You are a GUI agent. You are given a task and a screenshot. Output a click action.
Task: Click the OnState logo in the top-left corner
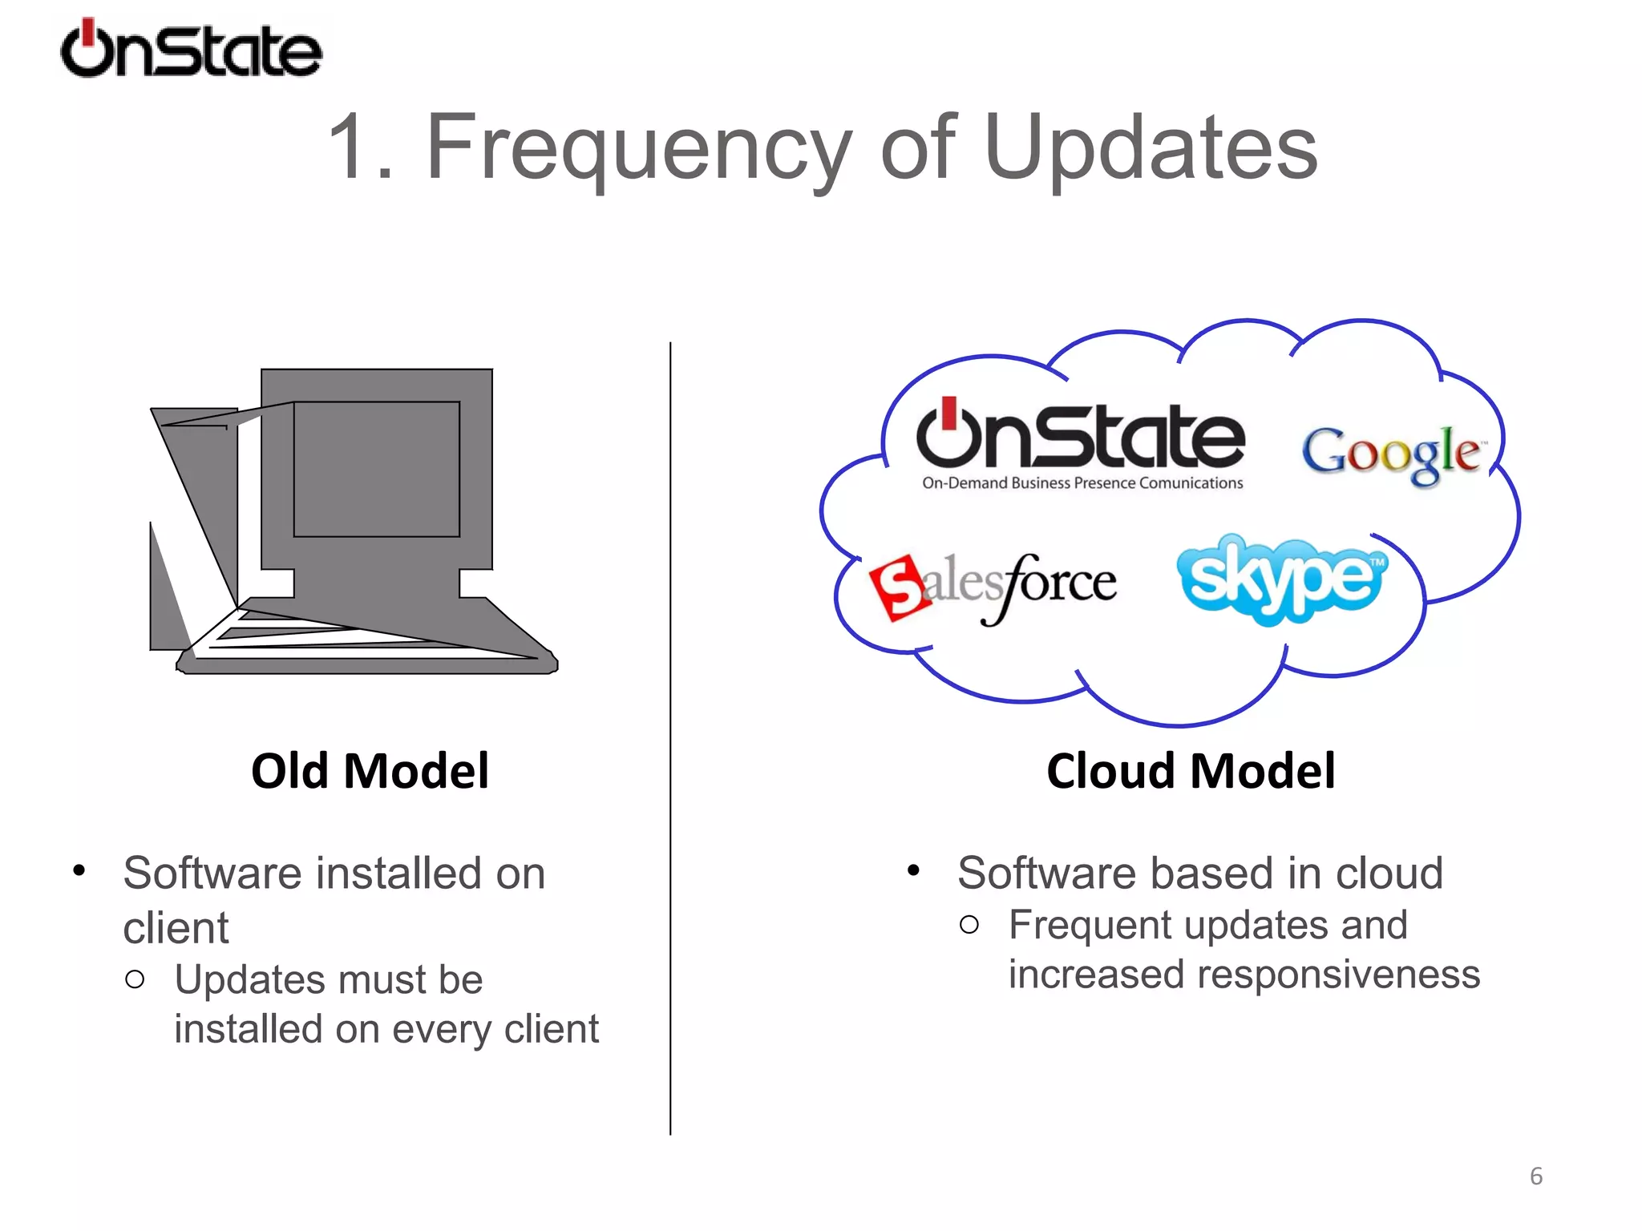click(191, 50)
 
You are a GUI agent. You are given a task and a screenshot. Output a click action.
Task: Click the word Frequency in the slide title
click(637, 148)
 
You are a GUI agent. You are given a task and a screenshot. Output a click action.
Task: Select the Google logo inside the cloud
click(1391, 454)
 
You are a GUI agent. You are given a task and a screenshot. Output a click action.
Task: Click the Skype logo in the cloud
click(1281, 579)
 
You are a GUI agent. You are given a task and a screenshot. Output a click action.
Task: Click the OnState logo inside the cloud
click(1080, 437)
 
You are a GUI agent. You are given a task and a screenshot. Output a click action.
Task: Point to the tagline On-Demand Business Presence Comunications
click(1082, 483)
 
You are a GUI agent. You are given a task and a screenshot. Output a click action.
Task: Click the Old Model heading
click(370, 771)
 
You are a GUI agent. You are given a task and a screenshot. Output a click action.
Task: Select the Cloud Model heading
click(1191, 771)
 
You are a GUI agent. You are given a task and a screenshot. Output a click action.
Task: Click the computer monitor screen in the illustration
click(376, 469)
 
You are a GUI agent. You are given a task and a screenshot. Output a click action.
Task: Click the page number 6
click(1535, 1176)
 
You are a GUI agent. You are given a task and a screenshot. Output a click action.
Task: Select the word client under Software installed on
click(176, 928)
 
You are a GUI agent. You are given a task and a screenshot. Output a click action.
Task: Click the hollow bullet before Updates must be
click(135, 979)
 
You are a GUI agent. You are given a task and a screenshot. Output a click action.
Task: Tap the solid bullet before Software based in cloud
click(912, 871)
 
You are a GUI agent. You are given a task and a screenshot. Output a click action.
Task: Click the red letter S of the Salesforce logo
click(900, 587)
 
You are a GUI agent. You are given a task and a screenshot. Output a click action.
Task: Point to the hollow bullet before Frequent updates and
click(969, 925)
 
